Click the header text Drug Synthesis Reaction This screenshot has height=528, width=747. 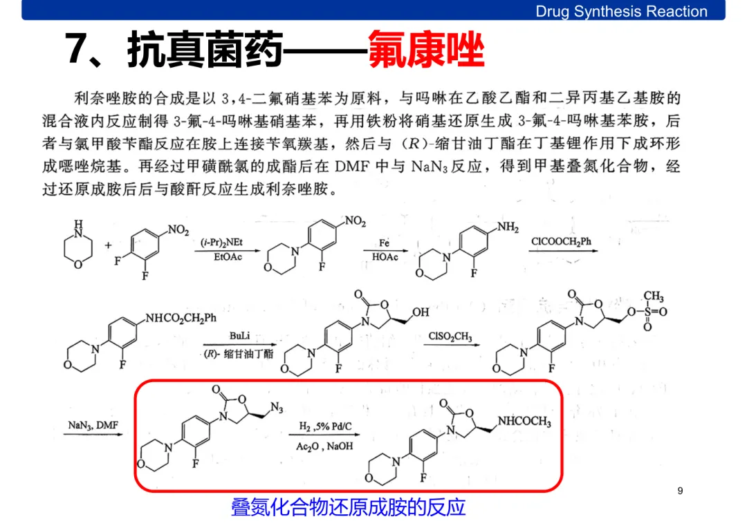coord(621,11)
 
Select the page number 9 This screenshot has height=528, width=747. coord(681,491)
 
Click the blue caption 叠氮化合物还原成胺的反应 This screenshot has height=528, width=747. coord(348,508)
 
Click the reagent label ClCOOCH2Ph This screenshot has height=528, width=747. coord(561,242)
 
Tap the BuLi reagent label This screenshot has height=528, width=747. coord(239,335)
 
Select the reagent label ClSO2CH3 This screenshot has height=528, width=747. coord(450,337)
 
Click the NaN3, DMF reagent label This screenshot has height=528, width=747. coord(93,426)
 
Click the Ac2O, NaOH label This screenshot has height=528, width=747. coord(324,446)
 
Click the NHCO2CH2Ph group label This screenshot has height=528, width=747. coord(181,318)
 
